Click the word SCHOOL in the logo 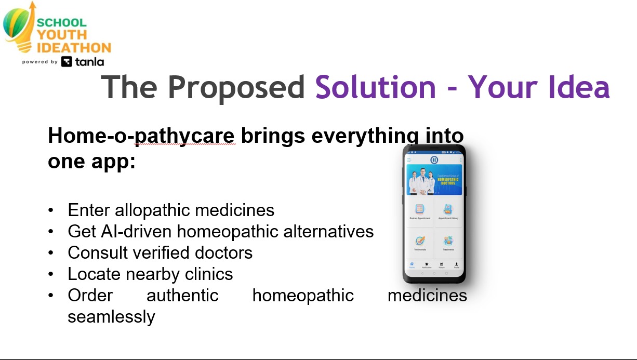tap(61, 22)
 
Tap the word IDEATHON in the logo tap(74, 48)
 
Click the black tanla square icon tap(67, 62)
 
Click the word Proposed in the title tap(236, 87)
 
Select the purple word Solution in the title tap(376, 87)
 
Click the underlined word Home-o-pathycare tap(141, 136)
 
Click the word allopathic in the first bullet tap(154, 210)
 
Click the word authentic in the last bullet tap(182, 295)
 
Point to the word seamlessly tap(111, 316)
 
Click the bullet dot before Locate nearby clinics tap(50, 274)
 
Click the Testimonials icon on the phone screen tap(420, 241)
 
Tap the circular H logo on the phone tap(434, 159)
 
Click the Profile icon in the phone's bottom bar tap(456, 265)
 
